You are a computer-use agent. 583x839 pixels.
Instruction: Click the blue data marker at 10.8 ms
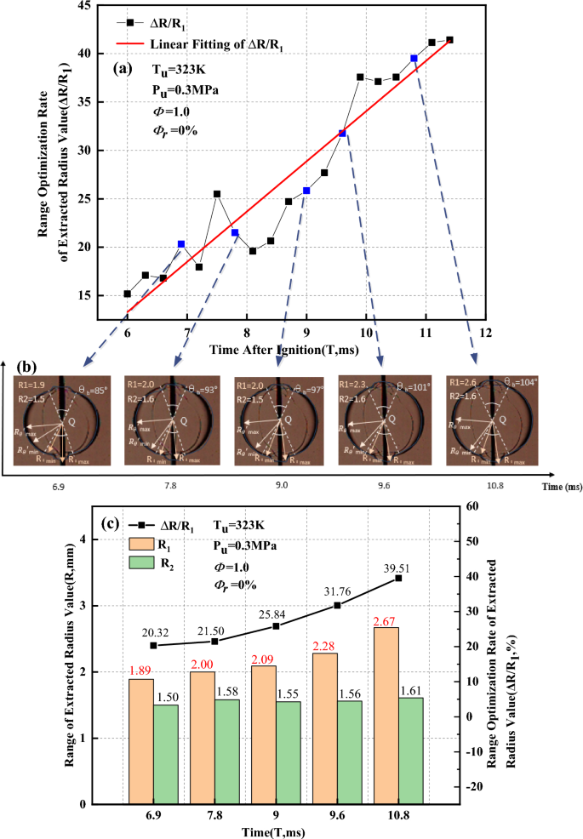pos(414,58)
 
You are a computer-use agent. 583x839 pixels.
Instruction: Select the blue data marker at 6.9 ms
pos(181,244)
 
